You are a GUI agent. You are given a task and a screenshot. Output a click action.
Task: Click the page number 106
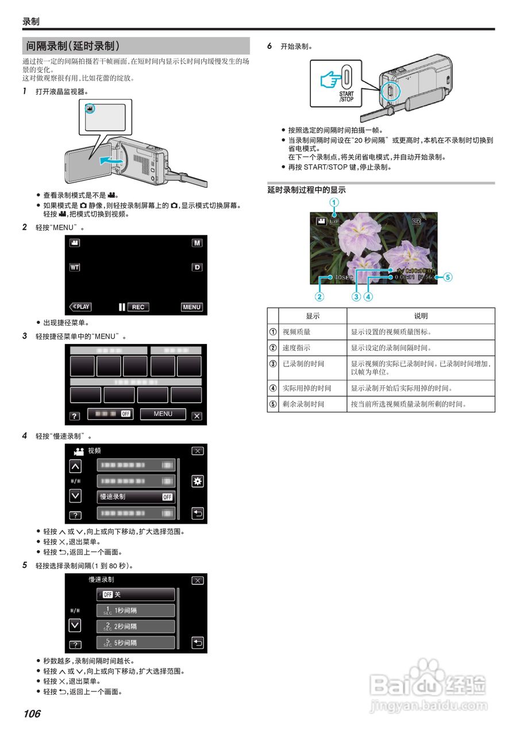point(32,714)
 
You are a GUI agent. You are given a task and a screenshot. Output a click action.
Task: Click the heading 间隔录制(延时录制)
point(73,46)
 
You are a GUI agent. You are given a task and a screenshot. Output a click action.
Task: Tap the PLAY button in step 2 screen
point(80,307)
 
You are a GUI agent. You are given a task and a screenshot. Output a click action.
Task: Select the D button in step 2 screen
point(197,268)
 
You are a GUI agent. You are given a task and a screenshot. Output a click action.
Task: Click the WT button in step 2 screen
point(75,268)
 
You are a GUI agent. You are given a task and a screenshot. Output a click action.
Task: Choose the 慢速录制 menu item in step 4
point(136,497)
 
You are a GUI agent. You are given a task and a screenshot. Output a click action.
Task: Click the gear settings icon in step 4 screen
point(197,481)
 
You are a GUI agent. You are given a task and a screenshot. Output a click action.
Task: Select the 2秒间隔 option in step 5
point(136,626)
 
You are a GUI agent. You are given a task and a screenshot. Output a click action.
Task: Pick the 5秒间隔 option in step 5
point(136,643)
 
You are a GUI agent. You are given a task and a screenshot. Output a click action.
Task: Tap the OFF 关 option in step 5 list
point(136,594)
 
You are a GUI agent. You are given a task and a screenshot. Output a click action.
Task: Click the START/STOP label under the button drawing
point(346,96)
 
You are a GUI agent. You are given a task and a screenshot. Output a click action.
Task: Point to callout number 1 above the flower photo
point(334,202)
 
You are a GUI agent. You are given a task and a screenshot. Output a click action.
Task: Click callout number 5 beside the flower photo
point(448,277)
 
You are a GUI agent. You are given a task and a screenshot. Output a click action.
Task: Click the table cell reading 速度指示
point(296,348)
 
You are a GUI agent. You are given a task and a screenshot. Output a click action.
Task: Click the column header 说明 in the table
point(421,316)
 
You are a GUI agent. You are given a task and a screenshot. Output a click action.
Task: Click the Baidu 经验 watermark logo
point(428,686)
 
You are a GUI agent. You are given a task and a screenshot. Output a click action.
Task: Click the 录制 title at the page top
point(31,22)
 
